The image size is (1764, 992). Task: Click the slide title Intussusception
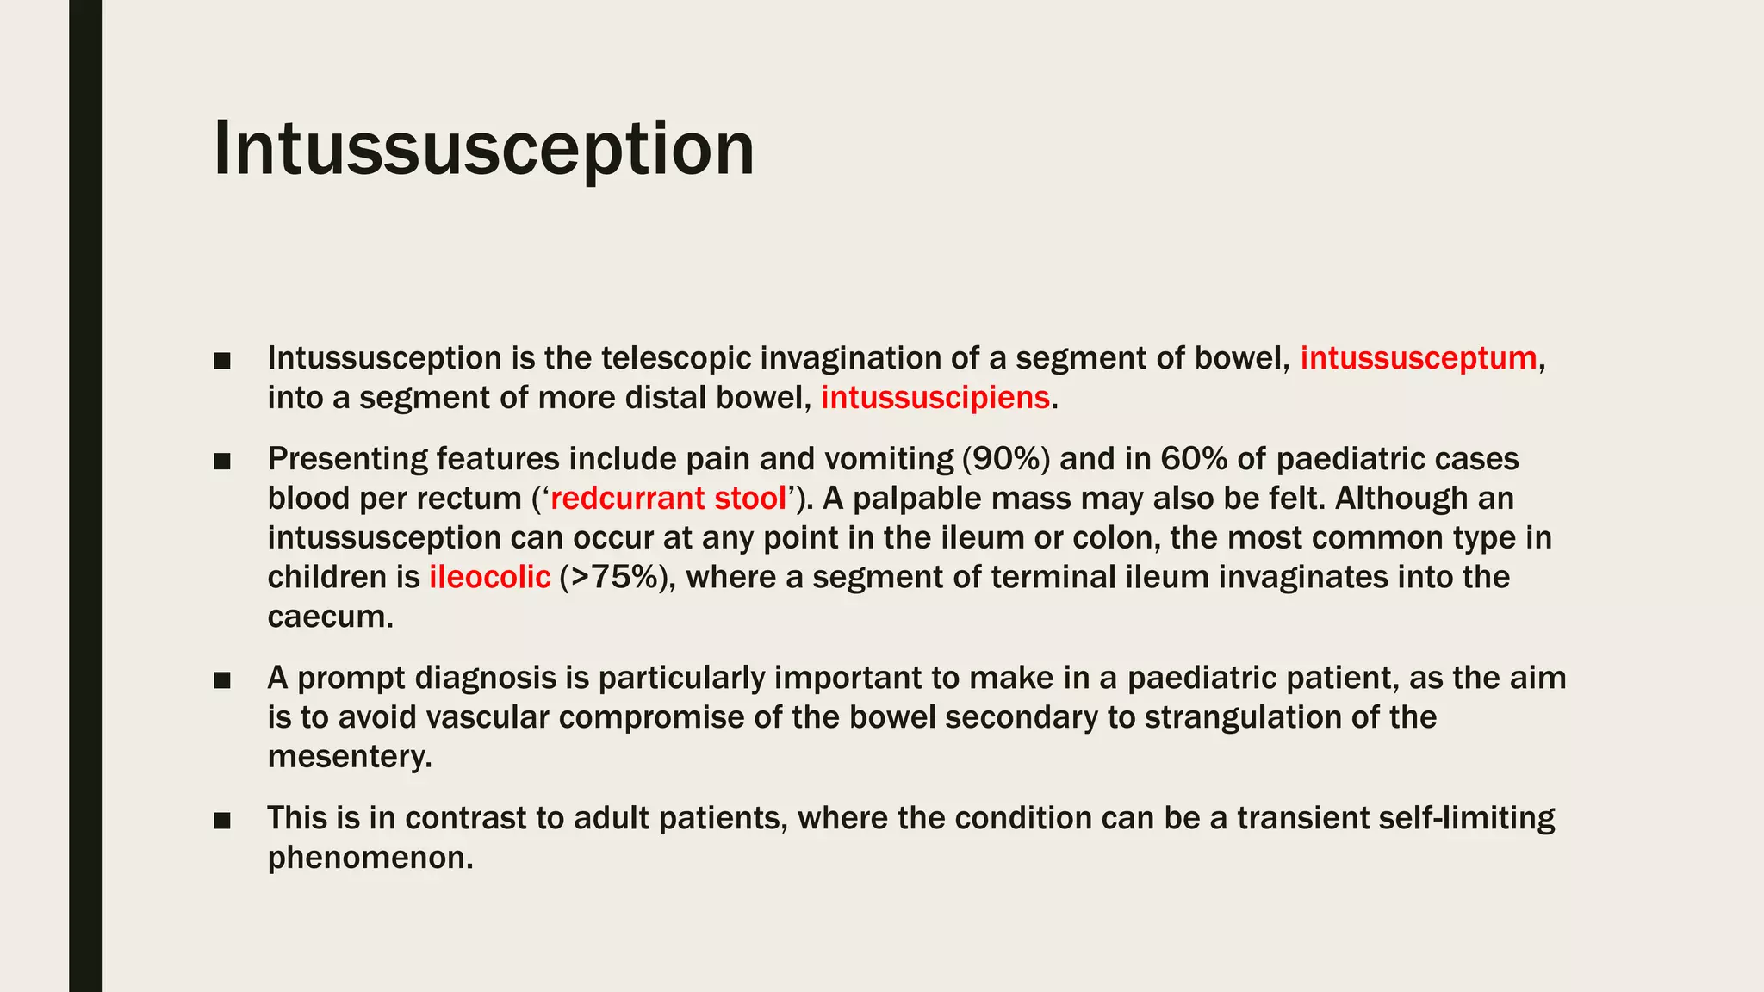pyautogui.click(x=483, y=149)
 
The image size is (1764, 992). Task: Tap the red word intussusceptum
pyautogui.click(x=1418, y=358)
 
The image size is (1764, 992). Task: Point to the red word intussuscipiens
pyautogui.click(x=935, y=398)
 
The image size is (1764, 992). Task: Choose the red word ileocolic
pyautogui.click(x=489, y=577)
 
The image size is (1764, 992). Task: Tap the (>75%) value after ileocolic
pyautogui.click(x=613, y=577)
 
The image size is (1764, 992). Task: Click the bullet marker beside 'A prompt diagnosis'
pyautogui.click(x=222, y=680)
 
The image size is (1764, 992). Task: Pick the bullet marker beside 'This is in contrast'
pyautogui.click(x=222, y=820)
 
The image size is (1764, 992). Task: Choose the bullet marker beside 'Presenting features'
pyautogui.click(x=222, y=461)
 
